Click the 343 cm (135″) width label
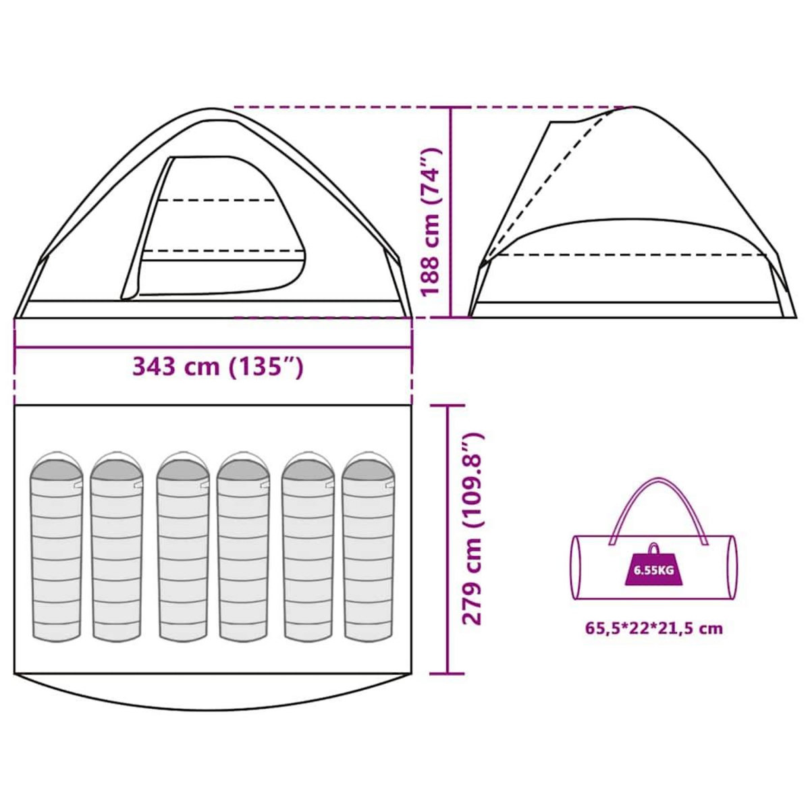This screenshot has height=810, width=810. coord(218,367)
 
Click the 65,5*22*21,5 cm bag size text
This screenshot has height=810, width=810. coord(654,640)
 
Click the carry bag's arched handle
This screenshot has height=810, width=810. coord(658,512)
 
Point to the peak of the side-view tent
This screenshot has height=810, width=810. coord(633,107)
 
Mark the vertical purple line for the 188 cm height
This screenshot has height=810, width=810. coord(451,212)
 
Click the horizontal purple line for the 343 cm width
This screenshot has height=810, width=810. coord(213,347)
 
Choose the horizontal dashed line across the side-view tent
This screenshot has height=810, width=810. coord(630,255)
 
